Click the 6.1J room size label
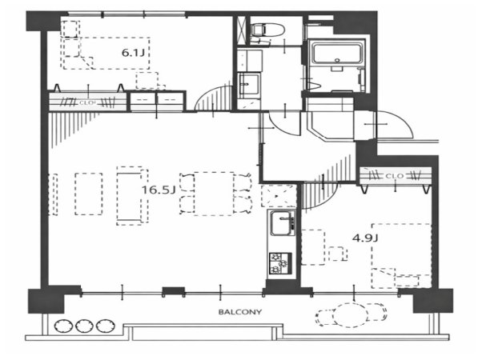click(133, 53)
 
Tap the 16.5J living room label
click(159, 190)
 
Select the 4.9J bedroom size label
click(365, 238)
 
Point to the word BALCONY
click(240, 312)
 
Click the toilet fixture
click(267, 30)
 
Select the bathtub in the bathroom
click(337, 53)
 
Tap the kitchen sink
click(282, 223)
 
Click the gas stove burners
click(280, 263)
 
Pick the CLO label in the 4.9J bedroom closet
click(395, 176)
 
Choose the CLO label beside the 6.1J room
click(86, 103)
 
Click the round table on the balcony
click(351, 314)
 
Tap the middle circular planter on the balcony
click(83, 326)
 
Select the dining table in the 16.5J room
click(214, 194)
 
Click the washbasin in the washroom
click(248, 85)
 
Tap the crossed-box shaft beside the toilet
click(241, 30)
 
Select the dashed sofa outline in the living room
click(132, 196)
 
